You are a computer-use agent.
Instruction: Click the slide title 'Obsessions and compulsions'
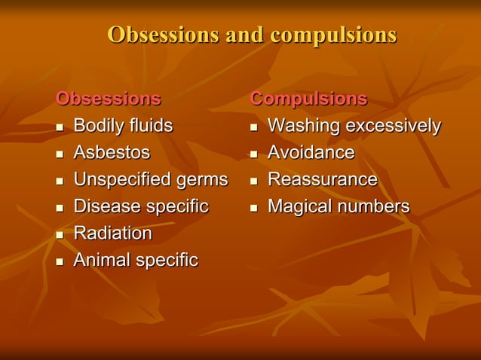252,35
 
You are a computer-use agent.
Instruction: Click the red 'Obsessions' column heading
109,99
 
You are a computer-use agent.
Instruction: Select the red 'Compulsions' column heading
308,99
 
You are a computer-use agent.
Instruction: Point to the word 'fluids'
151,126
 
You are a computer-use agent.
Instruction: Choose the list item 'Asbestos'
112,153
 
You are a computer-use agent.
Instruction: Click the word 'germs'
201,180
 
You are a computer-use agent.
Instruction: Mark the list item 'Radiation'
112,233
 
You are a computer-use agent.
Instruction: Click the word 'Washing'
304,126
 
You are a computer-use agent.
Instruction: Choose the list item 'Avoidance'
311,153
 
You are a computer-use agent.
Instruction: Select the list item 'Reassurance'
323,180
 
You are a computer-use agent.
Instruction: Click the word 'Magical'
301,206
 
